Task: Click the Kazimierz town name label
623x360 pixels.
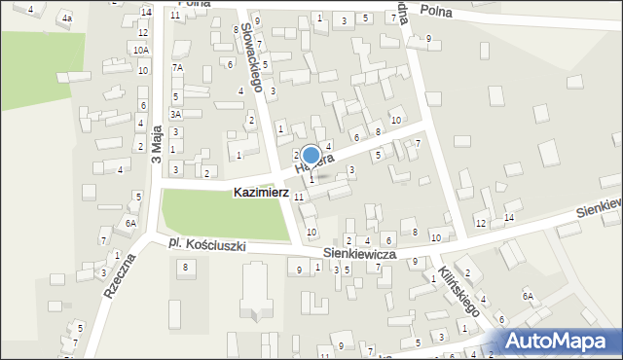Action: pyautogui.click(x=261, y=194)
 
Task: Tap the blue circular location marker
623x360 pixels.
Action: pyautogui.click(x=311, y=155)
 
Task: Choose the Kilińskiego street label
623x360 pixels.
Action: pyautogui.click(x=457, y=291)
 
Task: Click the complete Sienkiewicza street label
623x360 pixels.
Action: pyautogui.click(x=358, y=253)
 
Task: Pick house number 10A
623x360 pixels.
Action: pyautogui.click(x=141, y=50)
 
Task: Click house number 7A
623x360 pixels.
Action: pyautogui.click(x=177, y=68)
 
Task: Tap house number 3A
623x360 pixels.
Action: pyautogui.click(x=175, y=114)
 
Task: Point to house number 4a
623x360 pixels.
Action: pyautogui.click(x=66, y=18)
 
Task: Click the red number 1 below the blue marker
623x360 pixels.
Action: pyautogui.click(x=311, y=179)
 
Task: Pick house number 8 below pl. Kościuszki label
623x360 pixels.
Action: pyautogui.click(x=183, y=267)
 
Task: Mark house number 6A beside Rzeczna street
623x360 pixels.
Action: pyautogui.click(x=130, y=223)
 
